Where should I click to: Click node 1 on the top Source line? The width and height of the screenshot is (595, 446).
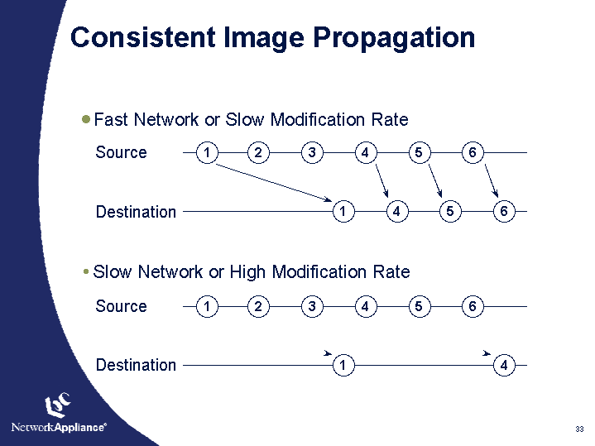coord(206,152)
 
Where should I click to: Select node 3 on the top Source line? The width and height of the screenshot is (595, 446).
coord(312,152)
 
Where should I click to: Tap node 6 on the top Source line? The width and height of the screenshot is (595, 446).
coord(472,152)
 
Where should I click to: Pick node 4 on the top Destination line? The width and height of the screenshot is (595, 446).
coord(397,212)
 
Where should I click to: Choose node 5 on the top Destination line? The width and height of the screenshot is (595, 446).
coord(449,212)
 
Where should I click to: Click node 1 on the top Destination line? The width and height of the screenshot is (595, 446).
coord(343,212)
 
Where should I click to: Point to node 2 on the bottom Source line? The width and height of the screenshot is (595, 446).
coord(259,306)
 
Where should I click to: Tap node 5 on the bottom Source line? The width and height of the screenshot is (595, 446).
coord(419,306)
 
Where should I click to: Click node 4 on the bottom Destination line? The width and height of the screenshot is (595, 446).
coord(503,365)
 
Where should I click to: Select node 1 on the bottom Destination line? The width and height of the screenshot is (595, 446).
coord(343,365)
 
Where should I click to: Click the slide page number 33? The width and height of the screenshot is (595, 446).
coord(579,429)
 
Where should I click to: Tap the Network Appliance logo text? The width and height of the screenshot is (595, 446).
coord(58,427)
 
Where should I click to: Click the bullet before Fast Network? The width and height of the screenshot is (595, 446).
coord(87,119)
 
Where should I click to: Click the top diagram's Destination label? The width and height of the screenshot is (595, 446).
coord(136,212)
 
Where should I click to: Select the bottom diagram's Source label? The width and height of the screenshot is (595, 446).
coord(121,306)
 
